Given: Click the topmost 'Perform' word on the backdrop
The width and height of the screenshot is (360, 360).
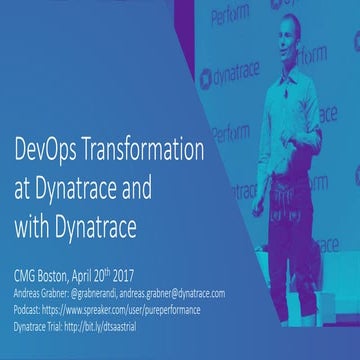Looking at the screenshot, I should pyautogui.click(x=232, y=15).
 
